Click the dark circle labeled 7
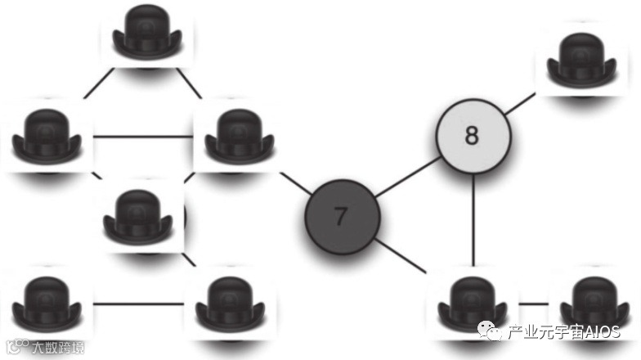342,216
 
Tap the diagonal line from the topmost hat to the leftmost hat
98,83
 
